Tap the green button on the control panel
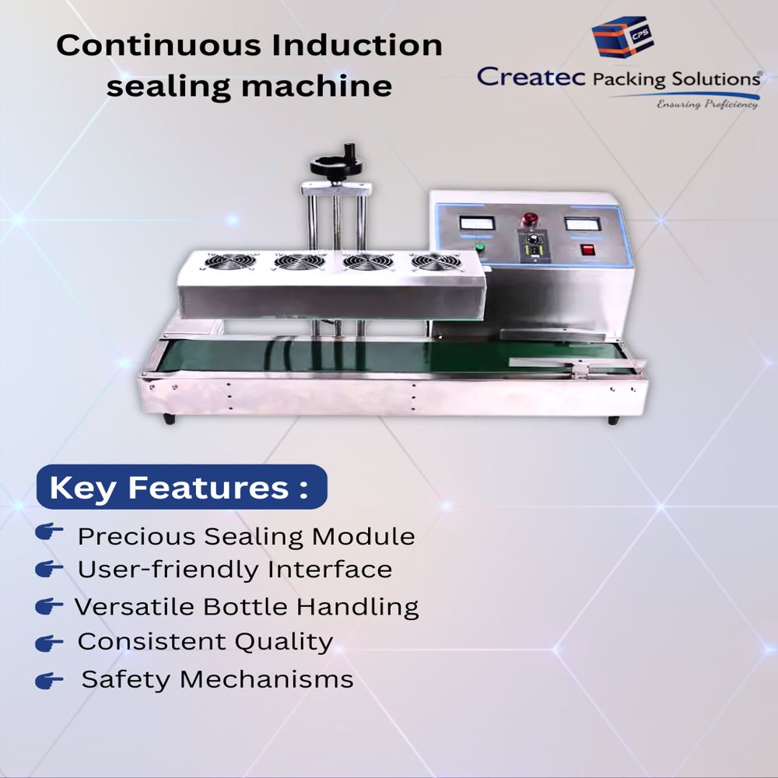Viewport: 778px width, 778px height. [x=480, y=248]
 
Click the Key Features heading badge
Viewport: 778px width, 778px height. [x=181, y=488]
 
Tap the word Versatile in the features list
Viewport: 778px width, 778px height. [x=138, y=607]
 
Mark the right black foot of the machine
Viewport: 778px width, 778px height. [x=613, y=420]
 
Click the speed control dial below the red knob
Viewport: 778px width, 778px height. [x=534, y=249]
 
